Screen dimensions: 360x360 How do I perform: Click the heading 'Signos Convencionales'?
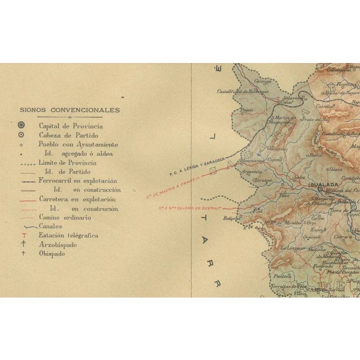[69, 110]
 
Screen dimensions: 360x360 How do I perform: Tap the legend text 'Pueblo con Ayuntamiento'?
[78, 144]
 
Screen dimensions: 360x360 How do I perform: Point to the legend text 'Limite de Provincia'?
[67, 163]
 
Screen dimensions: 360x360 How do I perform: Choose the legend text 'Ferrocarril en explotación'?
[78, 181]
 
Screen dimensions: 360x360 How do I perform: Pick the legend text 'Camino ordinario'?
[65, 217]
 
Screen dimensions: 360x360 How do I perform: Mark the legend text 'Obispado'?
[52, 254]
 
